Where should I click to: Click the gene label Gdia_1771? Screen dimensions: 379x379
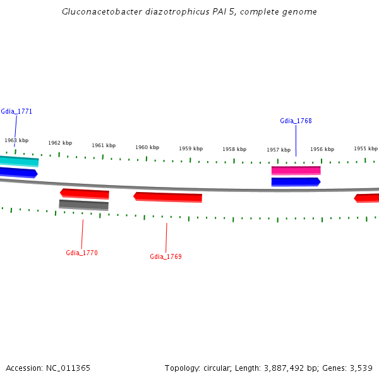click(x=16, y=111)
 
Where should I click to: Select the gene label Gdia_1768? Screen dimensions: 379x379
click(x=296, y=121)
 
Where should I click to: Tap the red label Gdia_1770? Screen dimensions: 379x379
click(x=81, y=253)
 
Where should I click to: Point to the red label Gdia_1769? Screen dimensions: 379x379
click(x=165, y=256)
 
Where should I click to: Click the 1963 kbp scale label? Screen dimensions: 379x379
click(x=16, y=140)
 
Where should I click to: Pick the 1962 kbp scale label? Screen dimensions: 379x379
click(x=60, y=143)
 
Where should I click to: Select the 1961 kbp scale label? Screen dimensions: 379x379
click(x=104, y=145)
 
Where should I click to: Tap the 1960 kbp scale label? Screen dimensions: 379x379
click(x=147, y=147)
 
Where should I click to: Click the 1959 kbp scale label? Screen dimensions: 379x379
click(x=191, y=148)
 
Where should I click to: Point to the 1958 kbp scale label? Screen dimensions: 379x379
click(x=234, y=149)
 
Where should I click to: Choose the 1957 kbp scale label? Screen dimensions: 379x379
click(x=279, y=150)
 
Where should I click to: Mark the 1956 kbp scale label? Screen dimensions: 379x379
click(x=322, y=149)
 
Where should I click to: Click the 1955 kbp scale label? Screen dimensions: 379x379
click(x=366, y=148)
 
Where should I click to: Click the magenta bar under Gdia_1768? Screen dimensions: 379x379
click(x=296, y=171)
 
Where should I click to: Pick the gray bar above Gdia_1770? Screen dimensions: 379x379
click(x=83, y=205)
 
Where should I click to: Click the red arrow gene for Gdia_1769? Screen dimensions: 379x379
click(x=167, y=197)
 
